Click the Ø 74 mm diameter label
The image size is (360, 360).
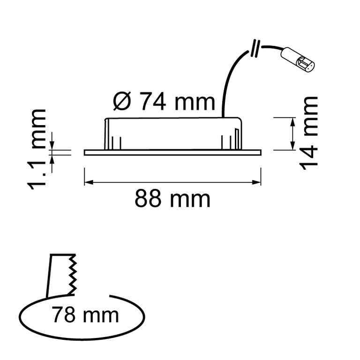pos(164,101)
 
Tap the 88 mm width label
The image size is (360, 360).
pos(172,199)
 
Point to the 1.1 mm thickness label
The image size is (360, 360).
pos(37,150)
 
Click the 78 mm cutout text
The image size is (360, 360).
pos(85,315)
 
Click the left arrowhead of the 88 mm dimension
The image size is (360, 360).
pos(89,182)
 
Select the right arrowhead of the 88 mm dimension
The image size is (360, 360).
pos(257,182)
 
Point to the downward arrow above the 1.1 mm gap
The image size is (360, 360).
pos(52,141)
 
